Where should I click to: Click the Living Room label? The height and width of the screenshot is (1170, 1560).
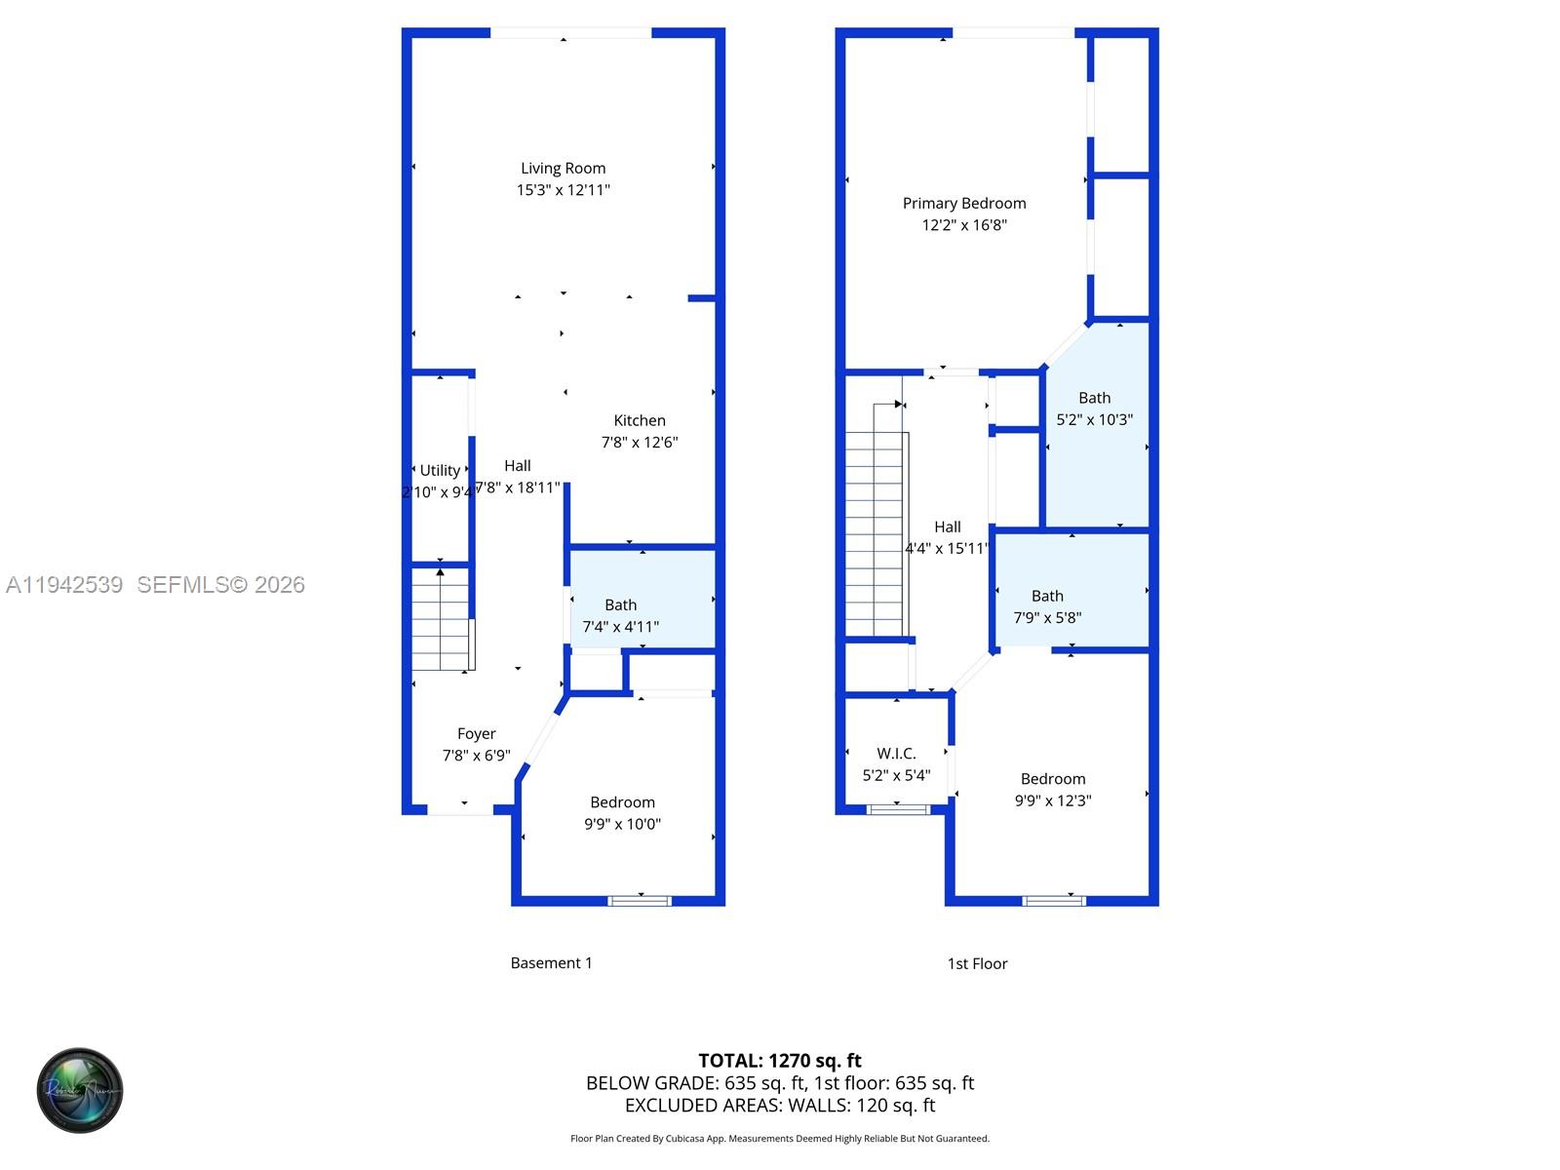point(563,169)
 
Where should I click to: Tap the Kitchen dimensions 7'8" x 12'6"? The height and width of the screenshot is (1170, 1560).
point(640,443)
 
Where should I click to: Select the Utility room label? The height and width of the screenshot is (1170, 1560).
point(440,471)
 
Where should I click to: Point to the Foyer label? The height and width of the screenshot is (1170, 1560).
point(476,734)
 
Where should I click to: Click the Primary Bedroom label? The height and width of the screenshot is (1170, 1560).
point(964,204)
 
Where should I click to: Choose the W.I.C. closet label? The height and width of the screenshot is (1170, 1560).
point(896,754)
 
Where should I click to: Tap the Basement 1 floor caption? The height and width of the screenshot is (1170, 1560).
point(551,963)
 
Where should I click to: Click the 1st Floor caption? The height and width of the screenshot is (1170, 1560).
point(977,963)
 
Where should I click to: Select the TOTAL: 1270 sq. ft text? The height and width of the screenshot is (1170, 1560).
point(780,1061)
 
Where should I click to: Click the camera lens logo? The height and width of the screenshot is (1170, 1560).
point(80,1090)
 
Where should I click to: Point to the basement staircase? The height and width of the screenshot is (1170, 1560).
point(442,619)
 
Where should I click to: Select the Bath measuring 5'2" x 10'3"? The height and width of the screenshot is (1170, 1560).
point(1096,429)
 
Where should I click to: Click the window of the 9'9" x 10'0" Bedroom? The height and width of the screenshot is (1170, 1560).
point(641,900)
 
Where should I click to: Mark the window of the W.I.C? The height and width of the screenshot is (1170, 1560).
point(898,808)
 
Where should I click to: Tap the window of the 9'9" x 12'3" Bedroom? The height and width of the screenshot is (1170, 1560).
point(1053,900)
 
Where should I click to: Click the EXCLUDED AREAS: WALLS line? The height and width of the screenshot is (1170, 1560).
point(780,1106)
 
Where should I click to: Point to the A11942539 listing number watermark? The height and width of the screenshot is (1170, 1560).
point(64,585)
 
